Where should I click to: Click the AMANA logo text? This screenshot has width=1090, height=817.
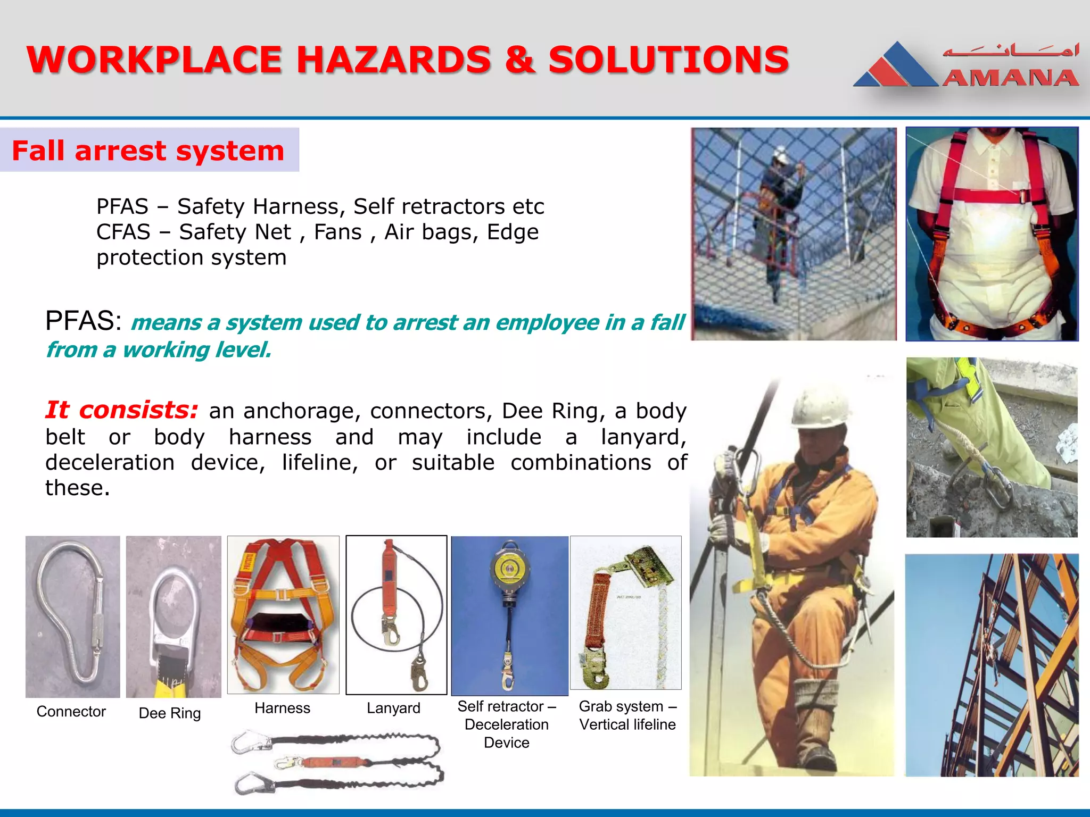[1010, 78]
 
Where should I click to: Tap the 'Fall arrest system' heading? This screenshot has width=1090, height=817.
[148, 151]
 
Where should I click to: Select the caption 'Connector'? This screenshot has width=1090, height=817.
[71, 712]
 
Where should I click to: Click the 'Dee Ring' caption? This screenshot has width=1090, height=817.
[169, 713]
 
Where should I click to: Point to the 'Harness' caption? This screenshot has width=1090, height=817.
[282, 708]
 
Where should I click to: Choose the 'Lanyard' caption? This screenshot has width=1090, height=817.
[393, 708]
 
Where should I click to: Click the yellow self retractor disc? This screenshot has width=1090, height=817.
[510, 568]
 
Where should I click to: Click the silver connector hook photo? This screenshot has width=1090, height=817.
[72, 617]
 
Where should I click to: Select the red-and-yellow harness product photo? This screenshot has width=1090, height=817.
[283, 615]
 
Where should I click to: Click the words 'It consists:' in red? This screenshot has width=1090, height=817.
[121, 410]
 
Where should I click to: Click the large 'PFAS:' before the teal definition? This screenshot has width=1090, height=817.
[84, 321]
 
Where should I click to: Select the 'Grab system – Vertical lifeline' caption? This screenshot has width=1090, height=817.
[627, 715]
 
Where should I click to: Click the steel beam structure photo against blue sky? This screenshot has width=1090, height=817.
[992, 665]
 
